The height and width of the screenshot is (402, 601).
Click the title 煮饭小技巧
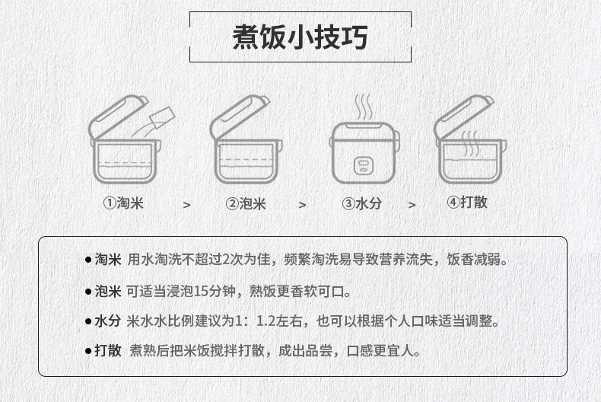pyautogui.click(x=300, y=37)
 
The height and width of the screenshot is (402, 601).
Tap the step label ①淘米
pyautogui.click(x=123, y=203)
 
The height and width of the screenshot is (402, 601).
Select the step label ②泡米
pyautogui.click(x=246, y=203)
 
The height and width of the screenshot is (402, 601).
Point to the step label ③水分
pyautogui.click(x=362, y=203)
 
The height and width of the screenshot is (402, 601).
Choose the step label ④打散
pyautogui.click(x=467, y=202)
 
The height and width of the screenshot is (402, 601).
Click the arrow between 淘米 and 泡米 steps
pyautogui.click(x=186, y=206)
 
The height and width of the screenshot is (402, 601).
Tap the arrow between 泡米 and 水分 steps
pyautogui.click(x=303, y=206)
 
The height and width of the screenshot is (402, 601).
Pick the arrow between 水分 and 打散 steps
pyautogui.click(x=412, y=206)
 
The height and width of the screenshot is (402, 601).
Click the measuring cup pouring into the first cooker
pyautogui.click(x=162, y=116)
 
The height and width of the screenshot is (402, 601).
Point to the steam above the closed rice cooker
pyautogui.click(x=363, y=107)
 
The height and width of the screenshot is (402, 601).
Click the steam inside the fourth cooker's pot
pyautogui.click(x=470, y=143)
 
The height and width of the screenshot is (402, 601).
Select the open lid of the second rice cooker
pyautogui.click(x=239, y=116)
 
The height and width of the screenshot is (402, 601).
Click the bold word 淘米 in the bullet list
pyautogui.click(x=108, y=260)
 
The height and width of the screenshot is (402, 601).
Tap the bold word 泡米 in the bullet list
pyautogui.click(x=108, y=292)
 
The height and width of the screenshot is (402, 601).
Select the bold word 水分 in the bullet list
pyautogui.click(x=108, y=321)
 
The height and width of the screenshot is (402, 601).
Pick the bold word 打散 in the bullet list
pyautogui.click(x=108, y=350)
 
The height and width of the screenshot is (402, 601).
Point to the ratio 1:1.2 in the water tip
pyautogui.click(x=255, y=321)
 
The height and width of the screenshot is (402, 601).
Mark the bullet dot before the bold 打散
pyautogui.click(x=88, y=351)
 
